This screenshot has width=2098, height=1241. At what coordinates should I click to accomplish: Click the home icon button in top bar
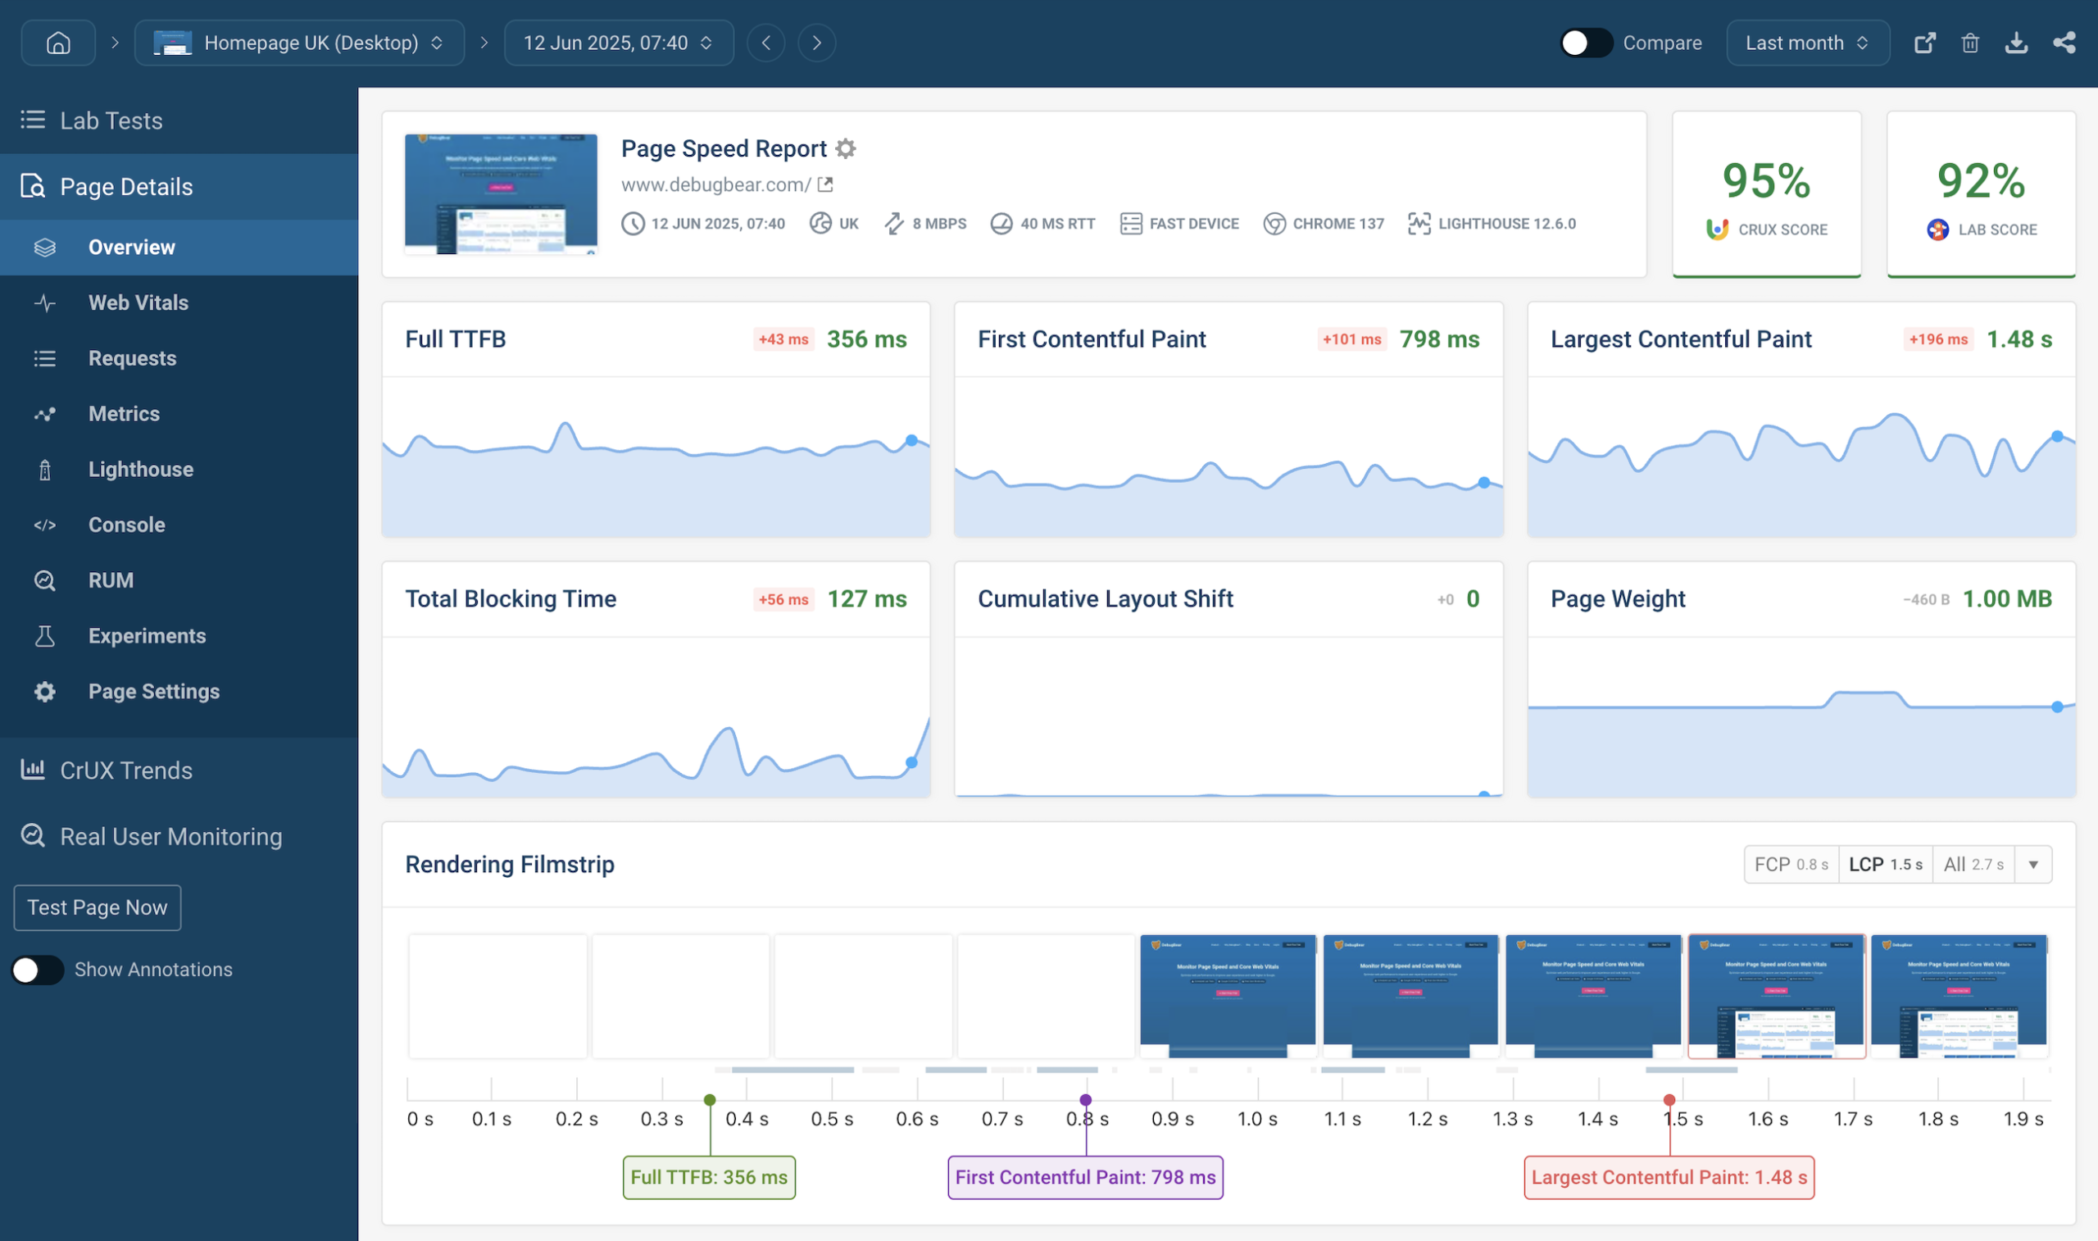57,43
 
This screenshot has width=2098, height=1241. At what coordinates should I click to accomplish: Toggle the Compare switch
1586,43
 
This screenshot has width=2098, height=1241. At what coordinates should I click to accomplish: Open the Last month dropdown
1807,43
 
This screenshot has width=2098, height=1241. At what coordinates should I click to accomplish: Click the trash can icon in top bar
1970,43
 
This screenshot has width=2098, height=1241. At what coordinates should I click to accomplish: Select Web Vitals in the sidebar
138,302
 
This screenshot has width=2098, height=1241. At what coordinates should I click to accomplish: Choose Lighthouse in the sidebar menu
140,469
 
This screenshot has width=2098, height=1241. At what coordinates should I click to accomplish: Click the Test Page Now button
97,907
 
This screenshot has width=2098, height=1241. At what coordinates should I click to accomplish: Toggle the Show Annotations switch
38,969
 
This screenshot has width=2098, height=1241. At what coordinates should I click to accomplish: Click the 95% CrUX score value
1766,180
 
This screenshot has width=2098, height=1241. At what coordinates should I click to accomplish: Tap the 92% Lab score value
1981,180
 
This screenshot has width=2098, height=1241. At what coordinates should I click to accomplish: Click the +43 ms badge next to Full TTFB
783,339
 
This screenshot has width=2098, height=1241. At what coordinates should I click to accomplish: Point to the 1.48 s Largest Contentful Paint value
2019,339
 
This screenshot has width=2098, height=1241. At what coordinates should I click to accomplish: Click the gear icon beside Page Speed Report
846,149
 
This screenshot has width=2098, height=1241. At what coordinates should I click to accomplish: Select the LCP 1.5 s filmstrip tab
1885,865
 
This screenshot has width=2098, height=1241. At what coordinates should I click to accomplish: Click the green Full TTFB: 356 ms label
709,1177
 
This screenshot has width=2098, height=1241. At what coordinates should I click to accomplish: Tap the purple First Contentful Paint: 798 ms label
1085,1177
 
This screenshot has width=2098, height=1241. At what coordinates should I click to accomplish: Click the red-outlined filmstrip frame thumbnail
1776,996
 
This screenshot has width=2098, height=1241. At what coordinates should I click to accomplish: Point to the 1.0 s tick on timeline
1257,1119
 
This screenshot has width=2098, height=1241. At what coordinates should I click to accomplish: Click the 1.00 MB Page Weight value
2007,598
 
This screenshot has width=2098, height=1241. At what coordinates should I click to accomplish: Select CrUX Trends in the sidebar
125,771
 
